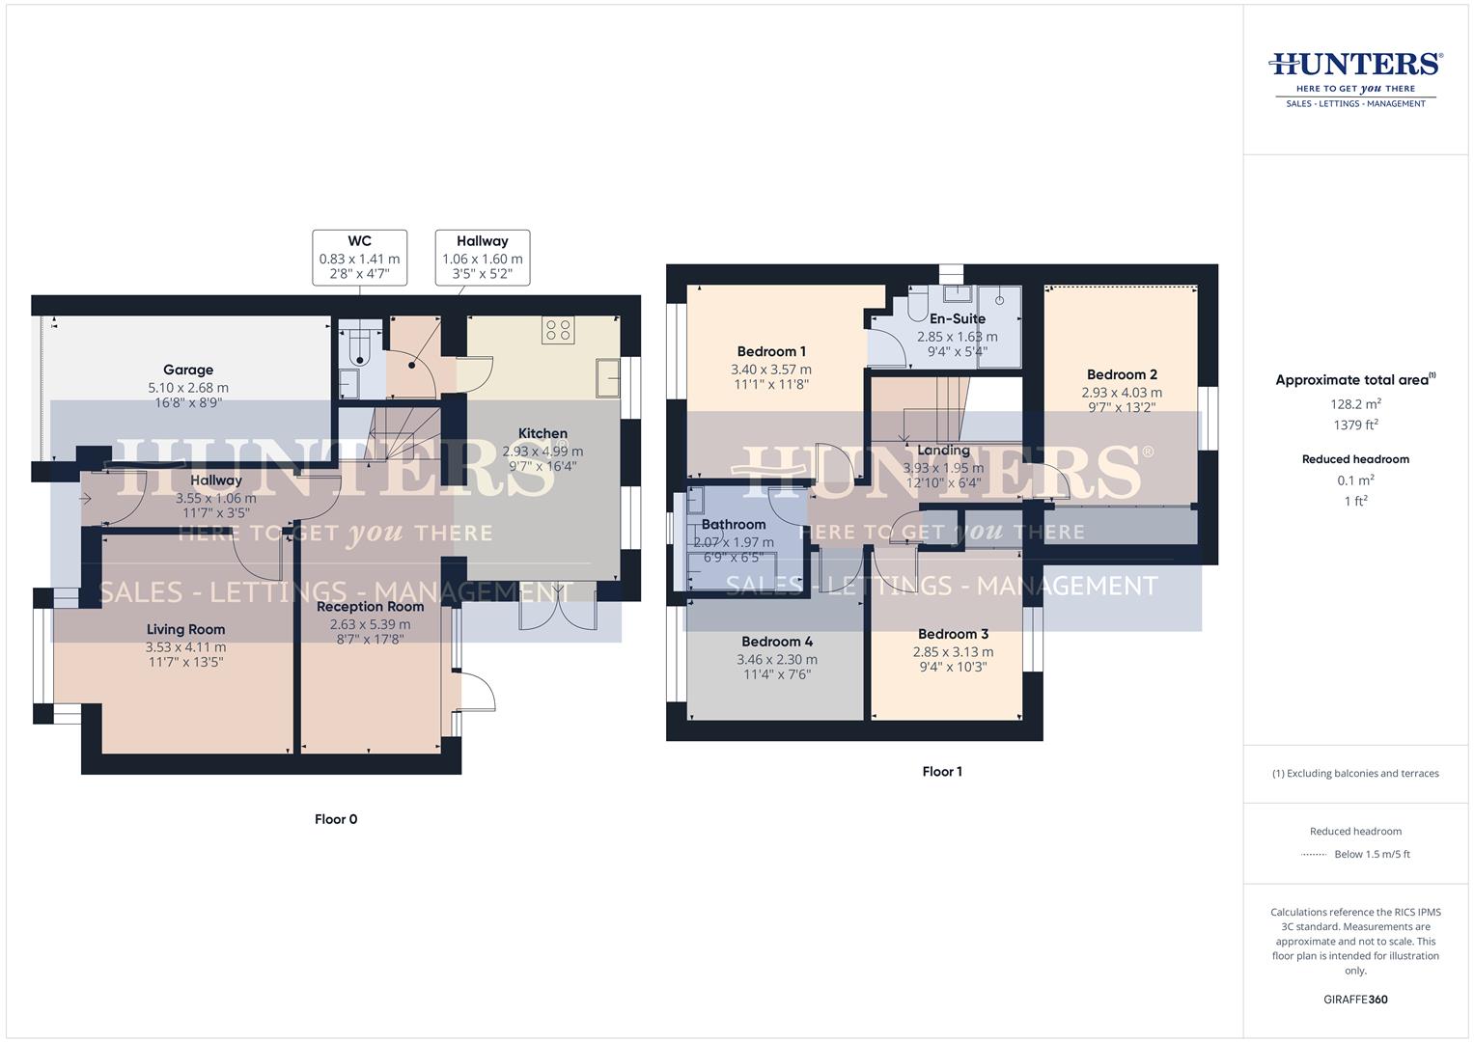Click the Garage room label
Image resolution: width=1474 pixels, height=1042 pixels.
(188, 370)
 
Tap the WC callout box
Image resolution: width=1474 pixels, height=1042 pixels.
(359, 258)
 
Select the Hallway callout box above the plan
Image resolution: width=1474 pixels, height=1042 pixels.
(482, 258)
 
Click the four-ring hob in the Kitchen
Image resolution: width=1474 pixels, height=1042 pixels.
(558, 330)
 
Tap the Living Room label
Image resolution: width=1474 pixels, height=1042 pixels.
(185, 629)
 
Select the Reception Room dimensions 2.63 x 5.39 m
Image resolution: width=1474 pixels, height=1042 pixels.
(370, 624)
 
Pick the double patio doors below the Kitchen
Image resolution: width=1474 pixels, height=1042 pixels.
(557, 605)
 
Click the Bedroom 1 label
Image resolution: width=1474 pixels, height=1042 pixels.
(771, 352)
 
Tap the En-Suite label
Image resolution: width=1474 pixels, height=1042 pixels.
(957, 318)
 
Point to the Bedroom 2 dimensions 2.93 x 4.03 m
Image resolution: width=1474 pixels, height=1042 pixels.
(1122, 393)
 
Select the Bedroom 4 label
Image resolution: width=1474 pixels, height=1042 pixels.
(777, 642)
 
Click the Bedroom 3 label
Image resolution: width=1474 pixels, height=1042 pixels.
(953, 634)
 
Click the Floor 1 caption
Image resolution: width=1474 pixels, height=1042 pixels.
(942, 772)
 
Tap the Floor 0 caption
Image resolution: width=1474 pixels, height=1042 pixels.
(336, 819)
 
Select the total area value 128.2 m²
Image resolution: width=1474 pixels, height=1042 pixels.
(1355, 404)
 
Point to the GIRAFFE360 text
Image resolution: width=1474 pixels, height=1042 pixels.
(1355, 1000)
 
